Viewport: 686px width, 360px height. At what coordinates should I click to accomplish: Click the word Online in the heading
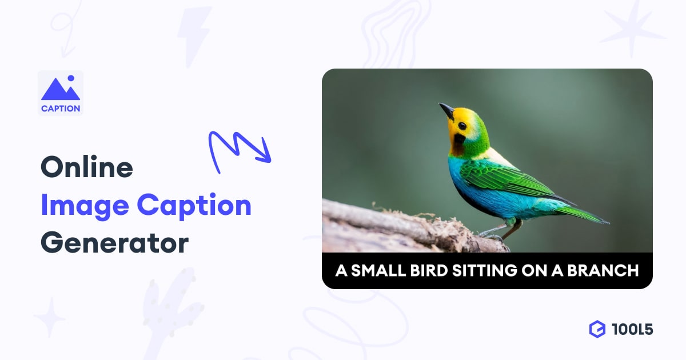click(x=87, y=167)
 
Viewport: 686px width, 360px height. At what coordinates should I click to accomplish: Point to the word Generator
click(x=114, y=243)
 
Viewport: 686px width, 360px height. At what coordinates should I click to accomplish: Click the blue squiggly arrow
click(x=236, y=147)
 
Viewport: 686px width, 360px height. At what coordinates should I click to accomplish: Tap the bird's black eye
click(x=462, y=126)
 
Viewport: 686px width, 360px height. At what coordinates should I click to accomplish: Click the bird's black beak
click(x=447, y=111)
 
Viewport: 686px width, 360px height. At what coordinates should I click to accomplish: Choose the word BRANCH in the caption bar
click(x=603, y=271)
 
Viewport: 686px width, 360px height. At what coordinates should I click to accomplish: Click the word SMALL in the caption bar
click(x=378, y=271)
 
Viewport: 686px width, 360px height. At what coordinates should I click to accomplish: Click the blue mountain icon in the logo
click(x=61, y=88)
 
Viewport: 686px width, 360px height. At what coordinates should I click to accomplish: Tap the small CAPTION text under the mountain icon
click(x=61, y=109)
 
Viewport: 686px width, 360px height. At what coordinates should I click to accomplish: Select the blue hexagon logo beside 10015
click(x=597, y=329)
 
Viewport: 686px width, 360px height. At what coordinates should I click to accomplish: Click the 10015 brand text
click(x=632, y=330)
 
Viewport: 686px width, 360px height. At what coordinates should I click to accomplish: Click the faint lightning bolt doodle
click(x=195, y=36)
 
